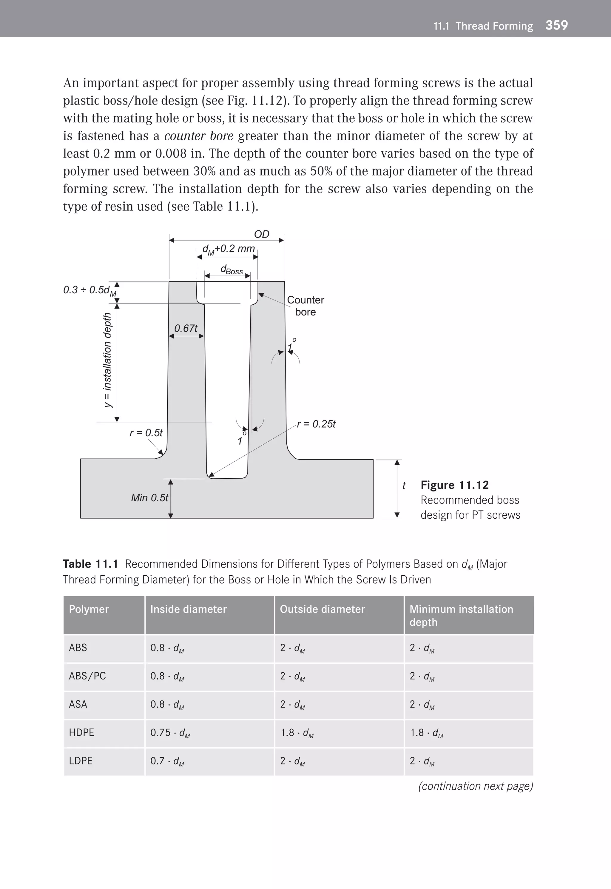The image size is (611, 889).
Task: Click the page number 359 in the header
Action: [556, 25]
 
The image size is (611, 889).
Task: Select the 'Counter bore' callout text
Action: [305, 306]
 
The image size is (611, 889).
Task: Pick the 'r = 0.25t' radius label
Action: [316, 424]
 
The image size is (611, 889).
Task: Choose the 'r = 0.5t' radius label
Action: [146, 433]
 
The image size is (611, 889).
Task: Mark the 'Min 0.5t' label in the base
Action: [149, 497]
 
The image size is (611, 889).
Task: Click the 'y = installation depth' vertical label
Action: [108, 360]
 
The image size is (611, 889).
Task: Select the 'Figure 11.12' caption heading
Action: [454, 485]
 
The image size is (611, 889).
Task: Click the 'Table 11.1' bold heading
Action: [90, 564]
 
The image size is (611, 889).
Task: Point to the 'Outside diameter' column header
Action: [322, 609]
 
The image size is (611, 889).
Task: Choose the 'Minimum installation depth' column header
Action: [461, 615]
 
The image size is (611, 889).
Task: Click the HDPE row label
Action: [81, 732]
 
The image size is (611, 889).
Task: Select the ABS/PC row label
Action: [87, 676]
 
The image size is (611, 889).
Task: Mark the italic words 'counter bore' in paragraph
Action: [199, 136]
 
